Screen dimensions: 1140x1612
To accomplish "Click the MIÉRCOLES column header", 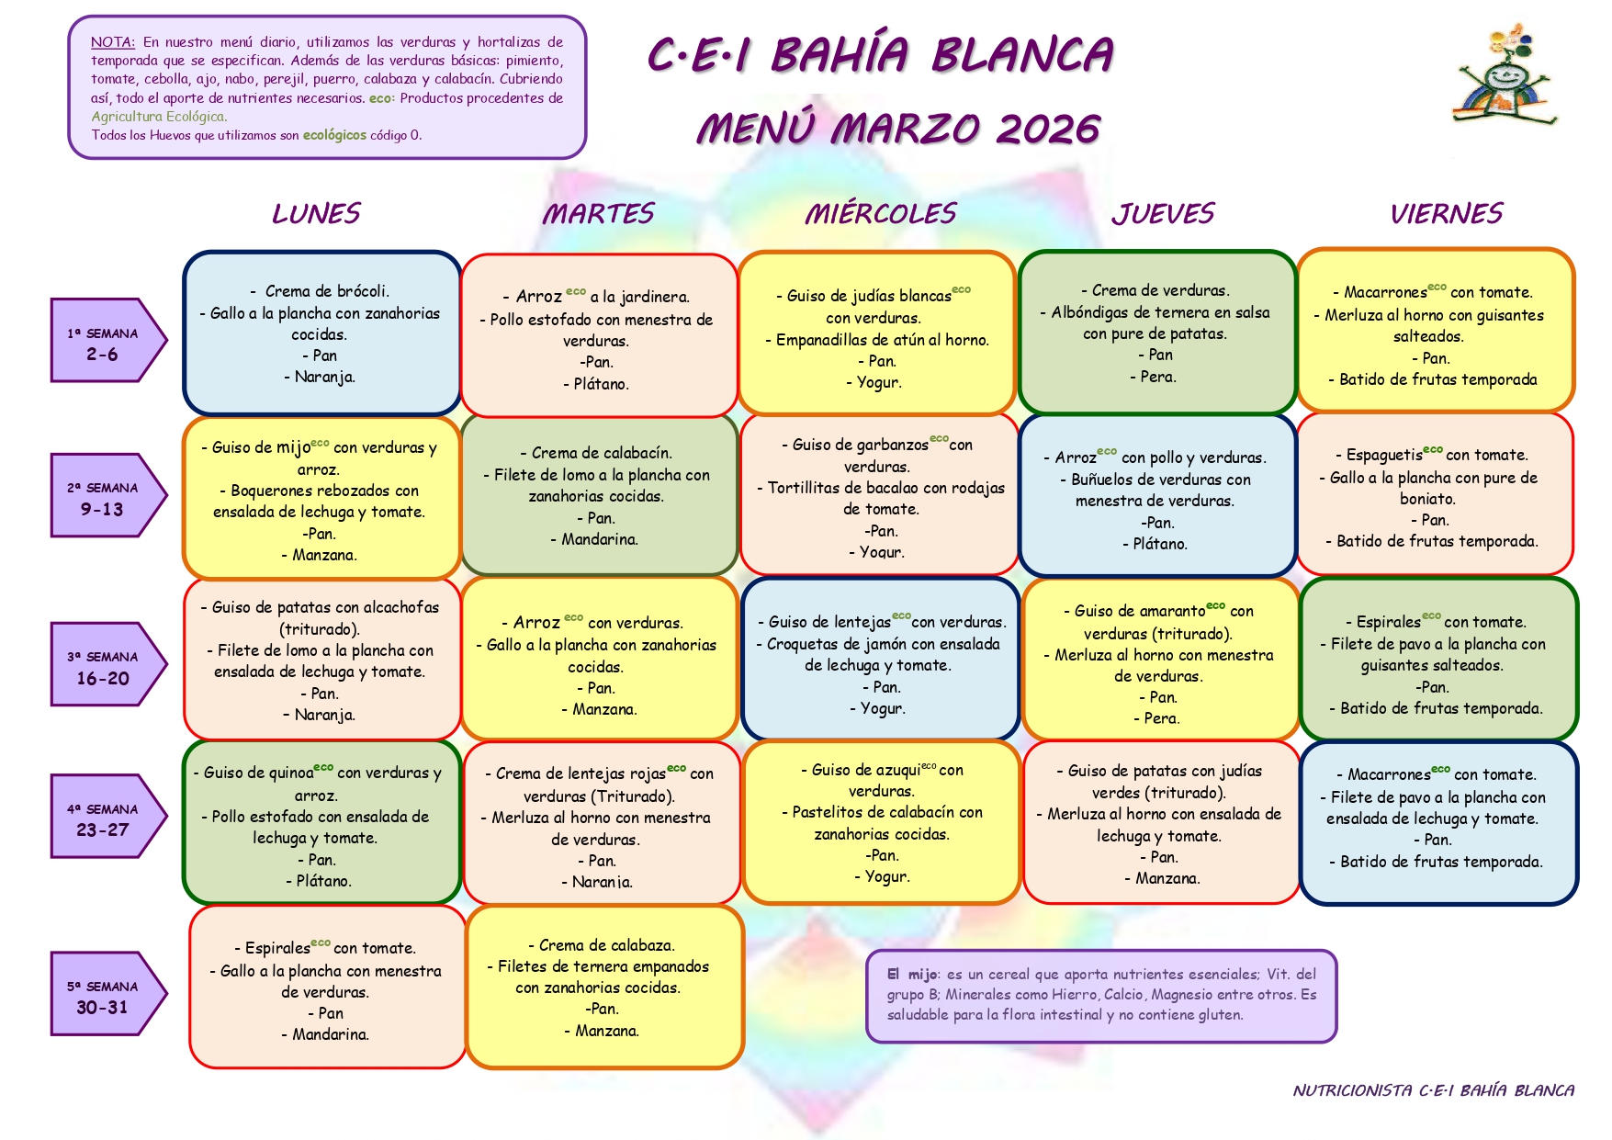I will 880,213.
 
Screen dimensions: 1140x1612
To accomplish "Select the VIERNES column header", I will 1446,213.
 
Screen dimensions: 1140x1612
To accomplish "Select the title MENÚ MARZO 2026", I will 897,130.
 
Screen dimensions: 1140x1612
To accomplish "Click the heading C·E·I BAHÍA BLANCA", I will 881,54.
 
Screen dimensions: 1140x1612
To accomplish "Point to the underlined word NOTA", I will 112,42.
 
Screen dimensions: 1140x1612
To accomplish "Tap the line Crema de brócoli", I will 320,291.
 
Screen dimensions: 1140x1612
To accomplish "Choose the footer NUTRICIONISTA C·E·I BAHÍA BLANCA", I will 1433,1090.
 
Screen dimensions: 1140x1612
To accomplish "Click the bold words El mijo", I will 912,975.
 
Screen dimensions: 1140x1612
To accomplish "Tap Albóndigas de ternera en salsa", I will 1155,312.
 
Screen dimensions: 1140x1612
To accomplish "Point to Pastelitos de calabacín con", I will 882,812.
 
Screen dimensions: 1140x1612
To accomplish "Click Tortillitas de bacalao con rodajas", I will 881,488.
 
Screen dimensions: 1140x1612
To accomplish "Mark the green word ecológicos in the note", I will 334,135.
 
